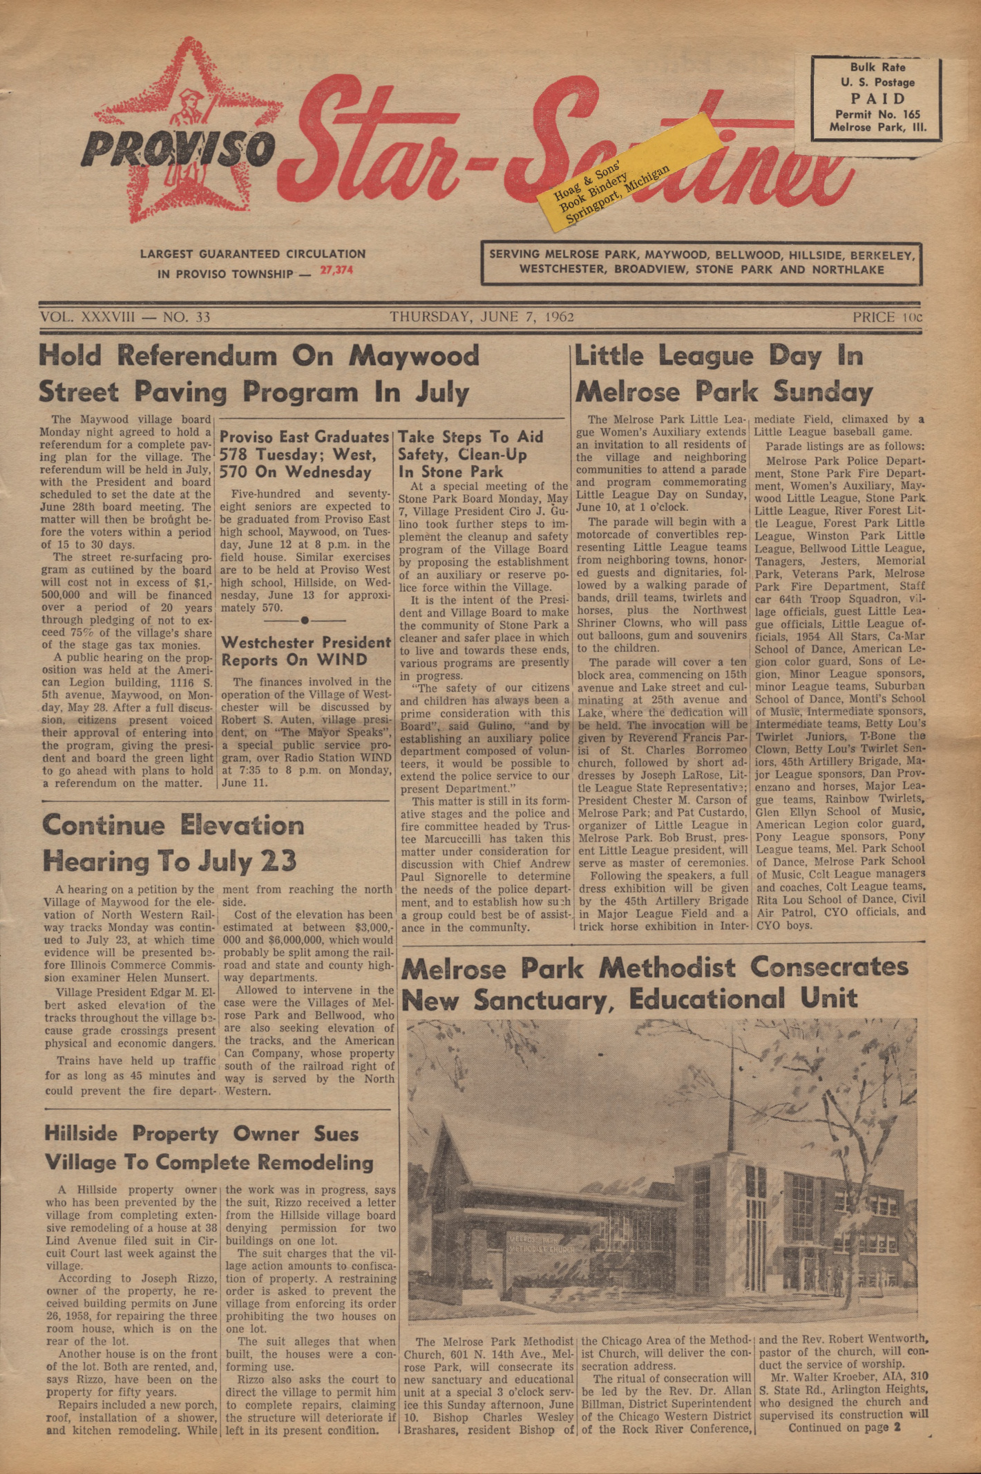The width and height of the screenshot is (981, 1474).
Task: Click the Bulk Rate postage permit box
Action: pos(877,97)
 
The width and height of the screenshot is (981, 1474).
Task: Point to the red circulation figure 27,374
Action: pos(336,270)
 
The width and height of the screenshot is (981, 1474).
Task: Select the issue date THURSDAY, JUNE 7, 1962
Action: pos(482,317)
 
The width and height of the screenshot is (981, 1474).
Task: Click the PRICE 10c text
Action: pos(887,317)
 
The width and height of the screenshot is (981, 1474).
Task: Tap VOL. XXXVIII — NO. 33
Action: pos(125,317)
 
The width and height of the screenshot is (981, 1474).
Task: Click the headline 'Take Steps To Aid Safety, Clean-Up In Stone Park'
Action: pos(471,454)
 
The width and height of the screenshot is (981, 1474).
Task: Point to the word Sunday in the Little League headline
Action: pos(822,392)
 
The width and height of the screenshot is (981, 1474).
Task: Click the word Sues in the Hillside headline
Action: pos(330,1134)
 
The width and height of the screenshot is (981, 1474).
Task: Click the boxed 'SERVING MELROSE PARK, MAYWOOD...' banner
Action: pos(701,262)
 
